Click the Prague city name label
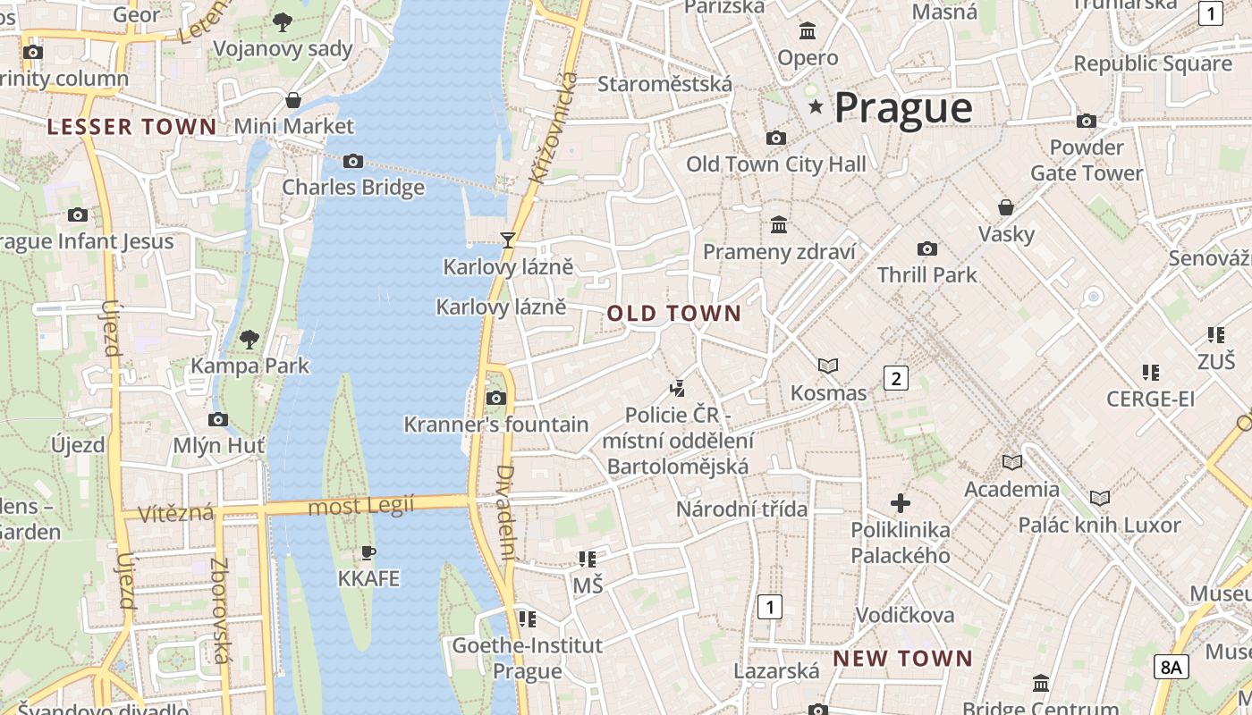tap(903, 108)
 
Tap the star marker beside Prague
tap(816, 107)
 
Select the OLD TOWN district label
tap(674, 314)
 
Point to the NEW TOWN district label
tap(903, 659)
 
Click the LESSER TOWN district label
tap(132, 127)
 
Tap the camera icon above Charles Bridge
tap(353, 161)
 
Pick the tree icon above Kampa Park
tap(250, 339)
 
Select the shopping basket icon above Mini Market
tap(292, 99)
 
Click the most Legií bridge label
tap(361, 507)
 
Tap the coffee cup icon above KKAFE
tap(368, 552)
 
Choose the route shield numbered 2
tap(895, 378)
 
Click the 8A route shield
tap(1172, 666)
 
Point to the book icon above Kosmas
tap(828, 366)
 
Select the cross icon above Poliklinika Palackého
tap(901, 503)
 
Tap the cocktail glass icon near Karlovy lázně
tap(508, 240)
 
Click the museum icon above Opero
tap(808, 31)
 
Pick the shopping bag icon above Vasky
tap(1006, 207)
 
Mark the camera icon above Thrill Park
tap(927, 248)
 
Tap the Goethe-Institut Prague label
tap(527, 658)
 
